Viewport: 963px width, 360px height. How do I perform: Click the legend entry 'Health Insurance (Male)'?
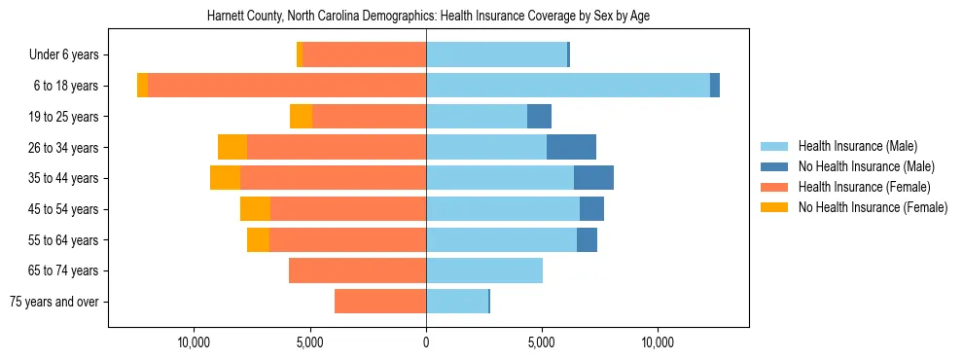pos(857,146)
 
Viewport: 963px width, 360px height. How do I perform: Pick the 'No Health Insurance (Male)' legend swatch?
pos(775,166)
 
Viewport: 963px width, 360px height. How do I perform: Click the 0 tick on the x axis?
pos(426,343)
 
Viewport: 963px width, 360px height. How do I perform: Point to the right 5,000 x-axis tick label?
pos(542,343)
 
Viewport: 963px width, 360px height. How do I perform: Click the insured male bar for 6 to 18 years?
pos(568,86)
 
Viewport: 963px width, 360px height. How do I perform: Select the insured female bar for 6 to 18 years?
pos(287,86)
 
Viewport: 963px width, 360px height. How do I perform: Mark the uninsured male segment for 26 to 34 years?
pos(571,147)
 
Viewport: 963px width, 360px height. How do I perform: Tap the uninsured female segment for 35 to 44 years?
pos(225,178)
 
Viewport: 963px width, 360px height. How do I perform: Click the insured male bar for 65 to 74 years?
pos(484,270)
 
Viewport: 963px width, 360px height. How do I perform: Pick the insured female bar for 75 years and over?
pos(380,302)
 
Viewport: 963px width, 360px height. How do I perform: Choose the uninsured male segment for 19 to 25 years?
pos(539,117)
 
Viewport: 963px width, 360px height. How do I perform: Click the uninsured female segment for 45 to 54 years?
pos(255,209)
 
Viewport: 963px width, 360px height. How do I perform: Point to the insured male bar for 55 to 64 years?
pos(501,239)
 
